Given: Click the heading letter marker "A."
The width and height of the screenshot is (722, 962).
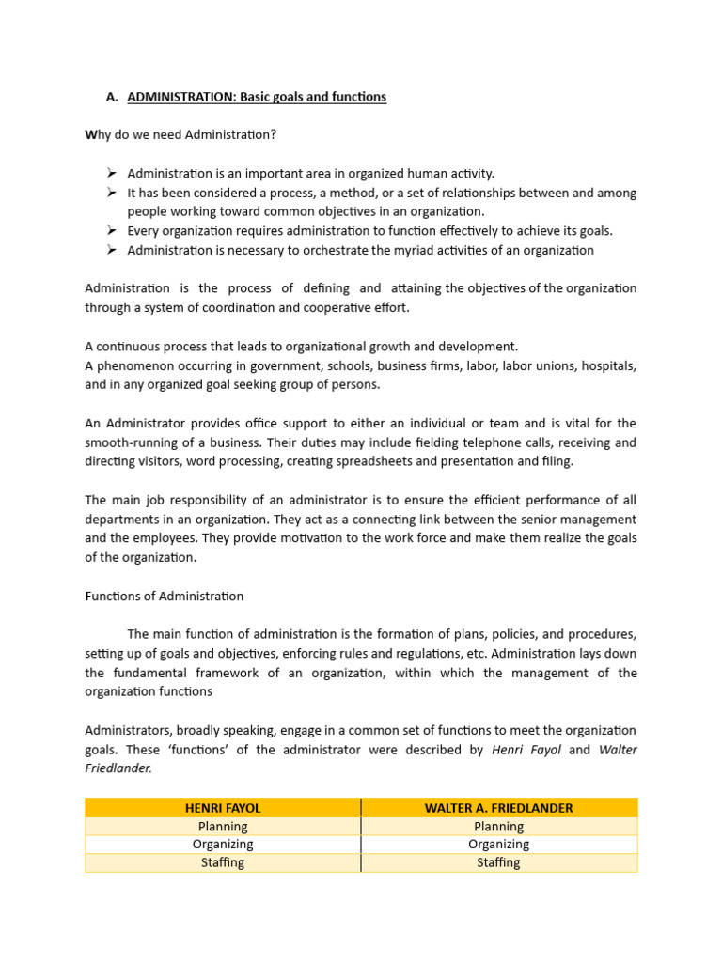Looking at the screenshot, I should (x=112, y=97).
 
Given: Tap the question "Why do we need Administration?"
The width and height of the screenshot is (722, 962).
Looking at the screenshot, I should (x=180, y=135).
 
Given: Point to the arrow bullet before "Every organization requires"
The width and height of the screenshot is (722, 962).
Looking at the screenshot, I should (x=111, y=230).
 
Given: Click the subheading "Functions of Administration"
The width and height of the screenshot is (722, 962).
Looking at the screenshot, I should (x=165, y=596).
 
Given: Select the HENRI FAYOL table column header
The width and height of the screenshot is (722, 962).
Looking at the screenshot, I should (x=223, y=807).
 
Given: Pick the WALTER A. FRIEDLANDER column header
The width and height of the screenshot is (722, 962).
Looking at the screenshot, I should (x=498, y=807).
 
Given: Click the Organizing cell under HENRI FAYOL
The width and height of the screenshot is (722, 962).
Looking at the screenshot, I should (x=223, y=844).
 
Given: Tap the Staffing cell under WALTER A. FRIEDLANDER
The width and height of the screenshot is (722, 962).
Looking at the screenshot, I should (x=498, y=862).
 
